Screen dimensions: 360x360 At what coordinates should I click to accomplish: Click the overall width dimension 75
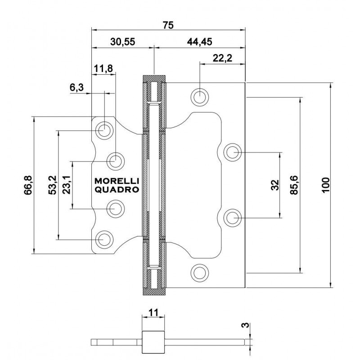point(168,25)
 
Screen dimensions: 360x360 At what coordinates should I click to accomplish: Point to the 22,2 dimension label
point(222,58)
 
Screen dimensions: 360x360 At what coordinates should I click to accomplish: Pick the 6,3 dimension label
point(76,88)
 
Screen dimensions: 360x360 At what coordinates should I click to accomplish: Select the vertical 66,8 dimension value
point(28,185)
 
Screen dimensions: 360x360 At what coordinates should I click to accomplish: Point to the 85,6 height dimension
point(295,184)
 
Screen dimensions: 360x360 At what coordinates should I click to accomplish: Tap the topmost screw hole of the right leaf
point(199,95)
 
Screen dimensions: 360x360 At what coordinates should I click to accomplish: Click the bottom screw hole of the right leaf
point(199,271)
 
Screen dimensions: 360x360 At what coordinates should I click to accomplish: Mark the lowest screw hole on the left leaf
point(104,239)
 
